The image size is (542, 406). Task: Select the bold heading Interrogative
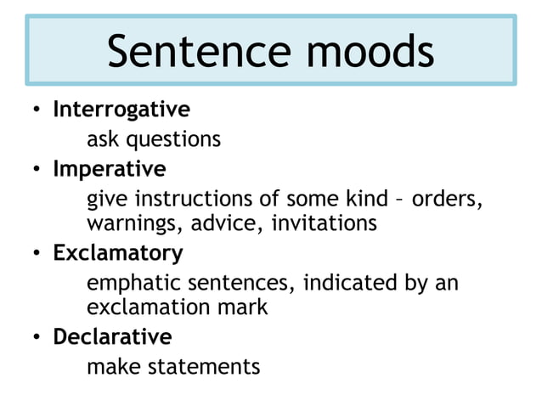121,110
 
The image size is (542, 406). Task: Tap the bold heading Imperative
110,169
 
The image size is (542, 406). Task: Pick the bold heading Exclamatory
118,252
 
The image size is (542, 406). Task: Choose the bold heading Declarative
112,336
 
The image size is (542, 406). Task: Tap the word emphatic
128,282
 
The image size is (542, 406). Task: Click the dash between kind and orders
400,200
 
